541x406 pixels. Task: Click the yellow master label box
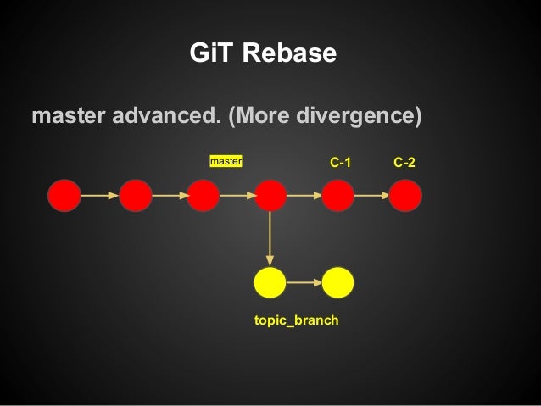226,160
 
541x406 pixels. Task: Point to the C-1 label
340,161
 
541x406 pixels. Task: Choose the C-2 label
404,161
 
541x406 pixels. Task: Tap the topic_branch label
296,321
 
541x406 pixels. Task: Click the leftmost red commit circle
64,196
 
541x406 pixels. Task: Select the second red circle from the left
136,196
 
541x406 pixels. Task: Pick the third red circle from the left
204,196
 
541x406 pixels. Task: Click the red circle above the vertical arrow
270,196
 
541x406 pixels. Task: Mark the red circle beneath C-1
337,196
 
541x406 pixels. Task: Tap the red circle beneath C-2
405,196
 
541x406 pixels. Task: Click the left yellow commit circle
270,281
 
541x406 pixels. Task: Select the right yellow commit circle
337,281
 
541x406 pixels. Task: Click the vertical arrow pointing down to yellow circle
270,238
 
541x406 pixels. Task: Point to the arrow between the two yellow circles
304,281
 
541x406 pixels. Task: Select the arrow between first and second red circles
100,196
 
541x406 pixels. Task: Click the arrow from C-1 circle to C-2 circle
371,196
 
